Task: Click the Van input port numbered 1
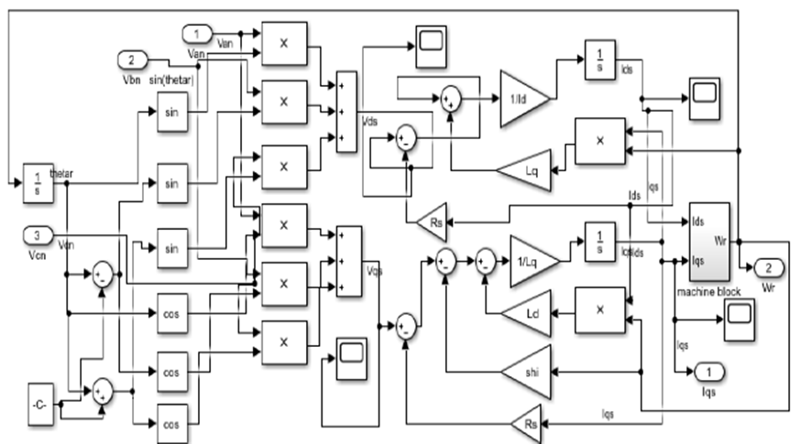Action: [196, 35]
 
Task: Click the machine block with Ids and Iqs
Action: [708, 243]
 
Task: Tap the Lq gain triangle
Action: [522, 170]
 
